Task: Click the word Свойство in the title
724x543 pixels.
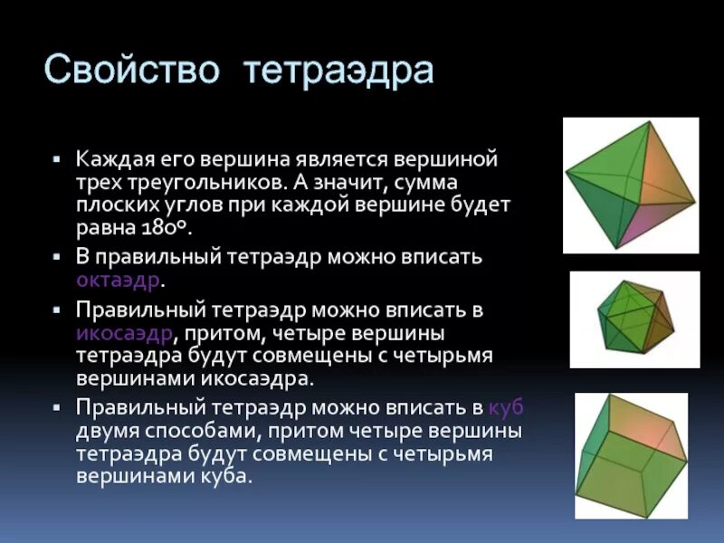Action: [x=132, y=70]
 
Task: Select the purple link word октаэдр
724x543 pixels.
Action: [x=118, y=280]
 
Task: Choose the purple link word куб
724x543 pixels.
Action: [x=506, y=406]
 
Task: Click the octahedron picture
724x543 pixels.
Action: [x=630, y=185]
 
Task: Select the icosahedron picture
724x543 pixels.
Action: [x=634, y=319]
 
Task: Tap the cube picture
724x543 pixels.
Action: [x=631, y=454]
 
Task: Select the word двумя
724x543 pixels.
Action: [x=105, y=430]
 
